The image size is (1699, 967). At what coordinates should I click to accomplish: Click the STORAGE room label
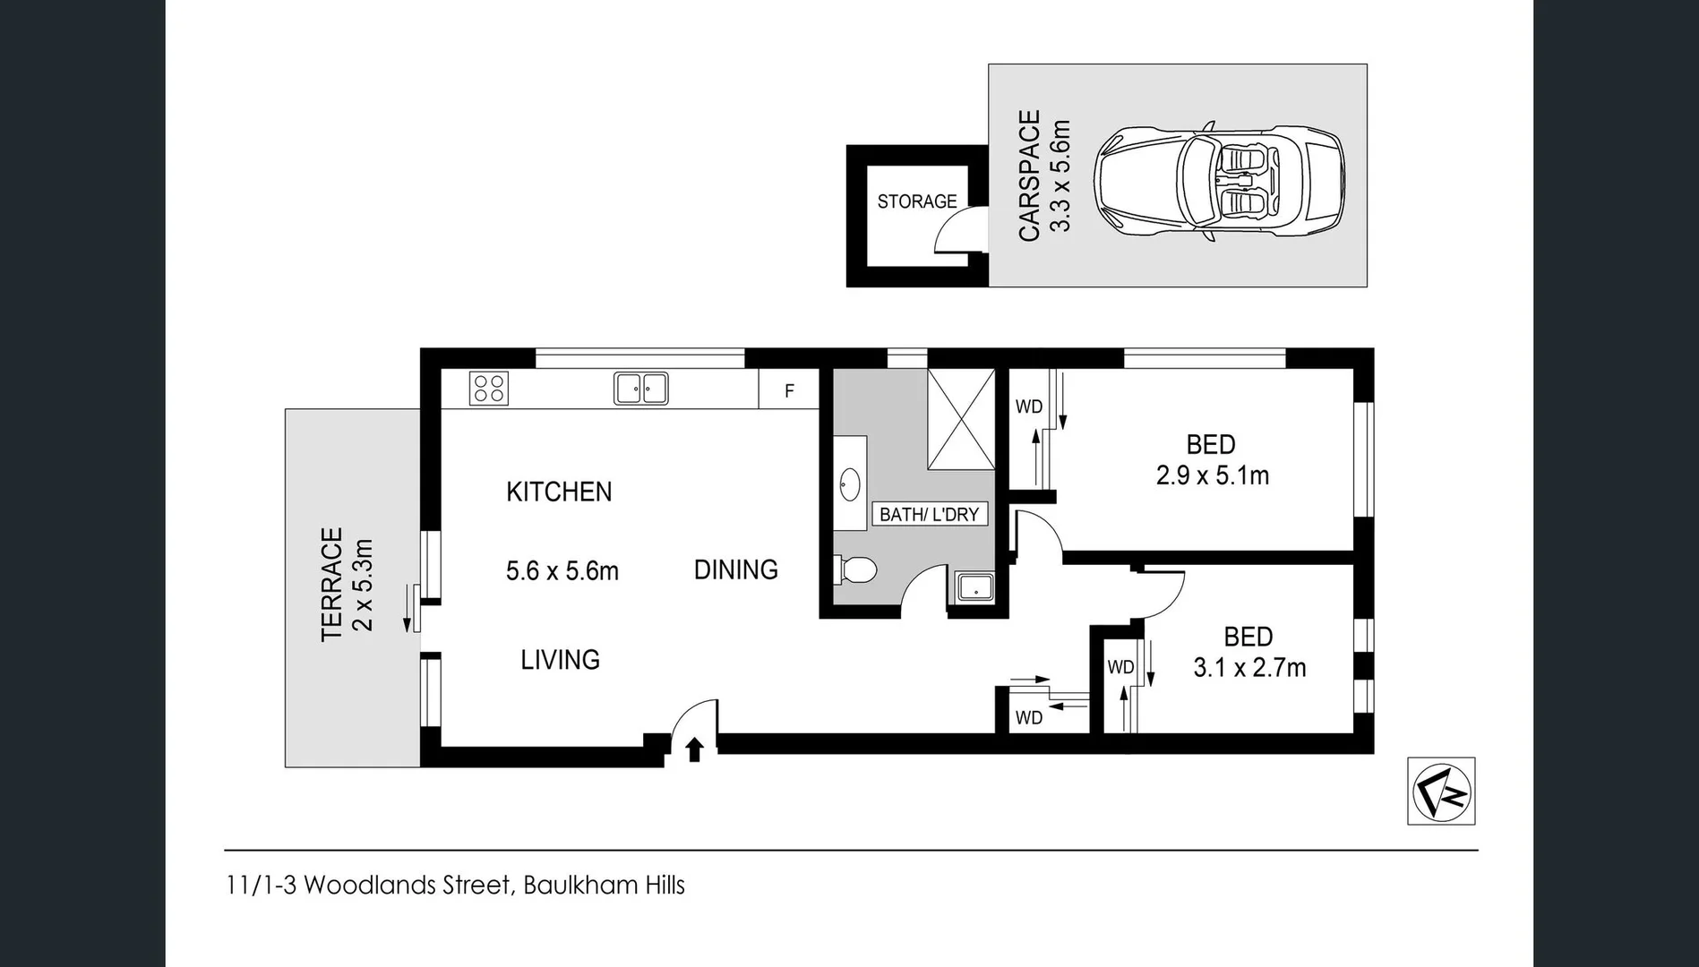click(x=917, y=201)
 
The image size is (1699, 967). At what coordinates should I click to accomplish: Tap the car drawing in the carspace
click(x=1219, y=183)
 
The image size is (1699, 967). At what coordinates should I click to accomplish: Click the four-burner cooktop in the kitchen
click(x=489, y=389)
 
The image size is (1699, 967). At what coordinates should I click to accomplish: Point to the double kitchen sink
click(x=640, y=389)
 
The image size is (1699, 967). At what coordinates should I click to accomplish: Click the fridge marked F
click(x=789, y=390)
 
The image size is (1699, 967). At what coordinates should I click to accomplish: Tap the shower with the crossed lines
click(x=961, y=418)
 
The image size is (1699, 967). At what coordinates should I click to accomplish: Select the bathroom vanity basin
click(x=850, y=484)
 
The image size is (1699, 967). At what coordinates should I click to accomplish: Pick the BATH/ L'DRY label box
click(x=930, y=514)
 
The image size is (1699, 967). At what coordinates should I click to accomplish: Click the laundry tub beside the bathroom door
click(x=973, y=588)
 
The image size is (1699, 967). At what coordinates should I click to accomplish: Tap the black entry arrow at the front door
click(x=694, y=749)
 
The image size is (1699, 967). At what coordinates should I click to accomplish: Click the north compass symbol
click(x=1441, y=791)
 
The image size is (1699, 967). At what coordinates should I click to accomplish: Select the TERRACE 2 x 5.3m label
click(x=347, y=583)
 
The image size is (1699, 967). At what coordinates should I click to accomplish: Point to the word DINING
click(x=736, y=569)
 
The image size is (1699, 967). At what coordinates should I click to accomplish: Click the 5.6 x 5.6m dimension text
click(x=562, y=571)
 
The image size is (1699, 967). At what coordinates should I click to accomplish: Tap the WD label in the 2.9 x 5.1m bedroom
click(x=1029, y=407)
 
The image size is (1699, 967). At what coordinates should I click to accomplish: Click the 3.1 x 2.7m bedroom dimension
click(x=1249, y=668)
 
